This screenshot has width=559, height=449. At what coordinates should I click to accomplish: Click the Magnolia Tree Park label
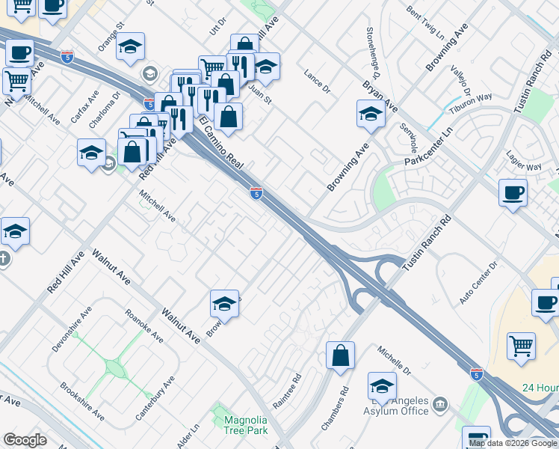click(246, 425)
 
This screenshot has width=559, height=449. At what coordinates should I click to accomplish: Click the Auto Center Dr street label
click(478, 282)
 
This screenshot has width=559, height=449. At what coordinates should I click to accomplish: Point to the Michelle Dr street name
click(395, 361)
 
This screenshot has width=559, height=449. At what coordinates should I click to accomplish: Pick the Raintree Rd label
click(286, 391)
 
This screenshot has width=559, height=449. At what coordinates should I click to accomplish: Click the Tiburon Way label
click(471, 102)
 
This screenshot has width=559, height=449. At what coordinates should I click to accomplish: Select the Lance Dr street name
click(317, 82)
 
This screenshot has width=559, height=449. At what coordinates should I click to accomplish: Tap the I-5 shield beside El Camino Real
click(256, 193)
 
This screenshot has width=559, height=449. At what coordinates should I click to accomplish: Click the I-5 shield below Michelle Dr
click(477, 373)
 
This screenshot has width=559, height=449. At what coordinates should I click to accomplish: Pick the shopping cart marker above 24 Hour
click(521, 345)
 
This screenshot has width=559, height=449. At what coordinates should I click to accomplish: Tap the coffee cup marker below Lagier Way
click(513, 192)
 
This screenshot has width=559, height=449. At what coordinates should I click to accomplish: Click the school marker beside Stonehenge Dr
click(370, 114)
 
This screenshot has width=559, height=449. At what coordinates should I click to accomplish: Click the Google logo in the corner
click(25, 439)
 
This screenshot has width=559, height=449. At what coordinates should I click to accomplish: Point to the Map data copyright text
click(513, 443)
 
